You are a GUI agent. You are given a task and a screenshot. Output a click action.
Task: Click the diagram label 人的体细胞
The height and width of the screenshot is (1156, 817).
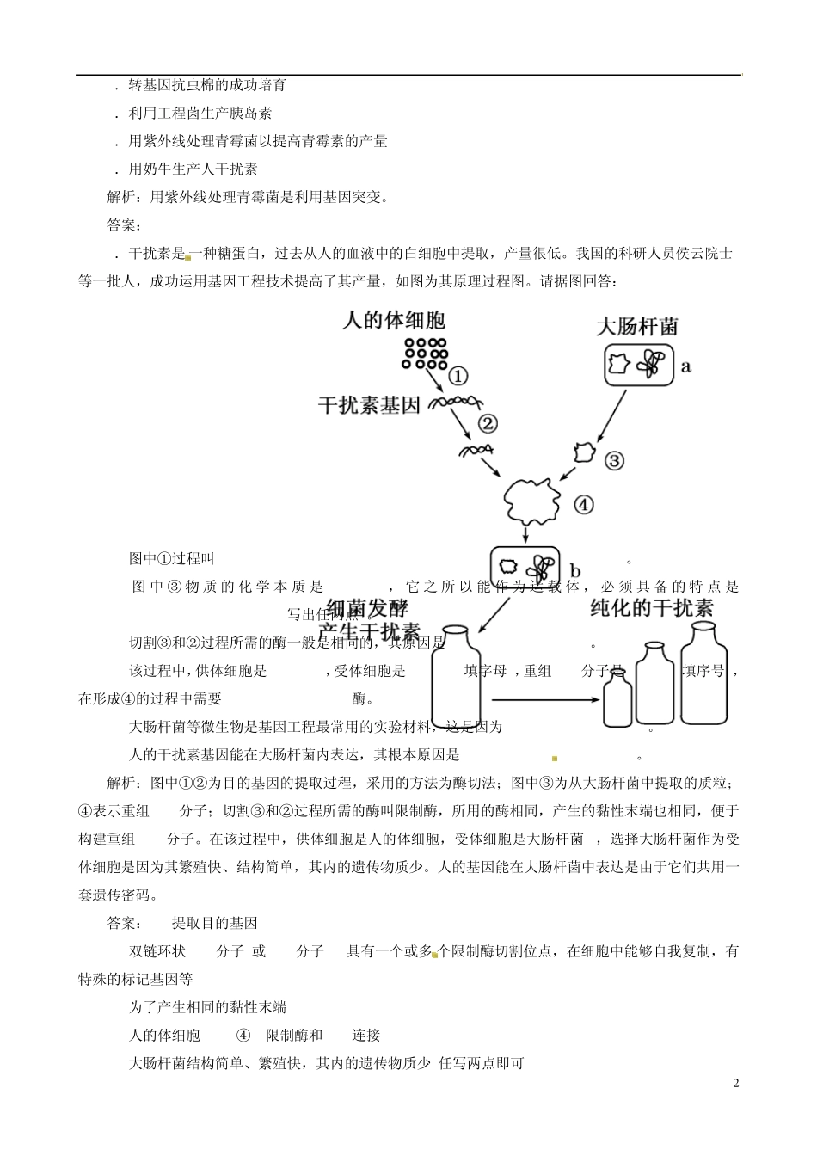click(394, 320)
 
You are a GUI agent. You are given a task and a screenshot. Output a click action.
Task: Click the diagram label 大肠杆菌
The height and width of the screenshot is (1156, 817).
click(637, 327)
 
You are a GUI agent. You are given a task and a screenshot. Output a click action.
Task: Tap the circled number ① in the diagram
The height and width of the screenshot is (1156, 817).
click(458, 376)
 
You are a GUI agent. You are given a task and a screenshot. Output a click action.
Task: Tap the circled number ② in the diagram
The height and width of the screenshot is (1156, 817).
click(488, 423)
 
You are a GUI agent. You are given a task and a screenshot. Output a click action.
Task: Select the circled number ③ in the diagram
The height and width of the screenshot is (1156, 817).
click(614, 460)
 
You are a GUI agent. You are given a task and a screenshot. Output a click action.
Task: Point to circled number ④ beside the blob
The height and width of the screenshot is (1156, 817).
click(583, 505)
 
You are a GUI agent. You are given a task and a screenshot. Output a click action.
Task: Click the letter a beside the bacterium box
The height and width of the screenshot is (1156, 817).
click(686, 366)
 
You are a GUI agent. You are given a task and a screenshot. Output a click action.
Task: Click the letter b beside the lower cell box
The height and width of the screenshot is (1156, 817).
click(575, 571)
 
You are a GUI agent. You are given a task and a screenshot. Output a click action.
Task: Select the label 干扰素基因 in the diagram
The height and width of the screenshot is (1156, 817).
click(369, 404)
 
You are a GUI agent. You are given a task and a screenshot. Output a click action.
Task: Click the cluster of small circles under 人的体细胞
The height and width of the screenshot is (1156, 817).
click(425, 353)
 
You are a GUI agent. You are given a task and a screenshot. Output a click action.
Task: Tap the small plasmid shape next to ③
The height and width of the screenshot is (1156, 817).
click(584, 453)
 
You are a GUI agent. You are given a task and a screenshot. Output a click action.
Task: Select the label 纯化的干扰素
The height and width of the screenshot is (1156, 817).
click(652, 608)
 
